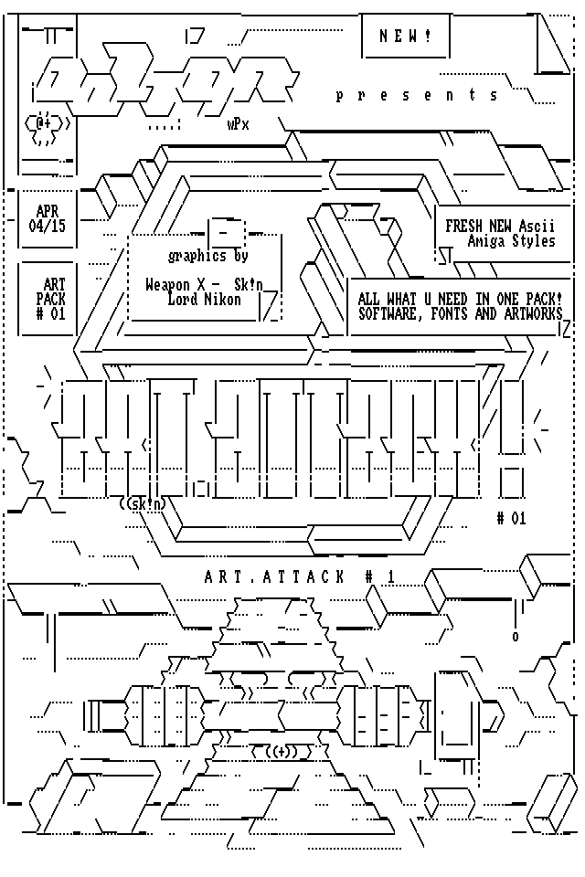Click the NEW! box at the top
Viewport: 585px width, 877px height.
click(407, 37)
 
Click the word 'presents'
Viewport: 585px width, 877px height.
click(418, 95)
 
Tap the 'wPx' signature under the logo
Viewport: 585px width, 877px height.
click(238, 125)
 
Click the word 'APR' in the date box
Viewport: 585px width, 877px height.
click(48, 212)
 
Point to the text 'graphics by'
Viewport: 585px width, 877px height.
click(208, 256)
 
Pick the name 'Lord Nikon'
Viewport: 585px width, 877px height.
click(205, 299)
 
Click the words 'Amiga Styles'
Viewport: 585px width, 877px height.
click(511, 241)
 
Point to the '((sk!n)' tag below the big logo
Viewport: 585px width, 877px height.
click(143, 503)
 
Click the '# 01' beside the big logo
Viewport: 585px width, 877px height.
click(512, 518)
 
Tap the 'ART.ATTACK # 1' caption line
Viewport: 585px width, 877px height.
click(299, 576)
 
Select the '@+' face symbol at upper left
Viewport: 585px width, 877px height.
click(44, 121)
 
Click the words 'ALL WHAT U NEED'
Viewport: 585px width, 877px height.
click(416, 299)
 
